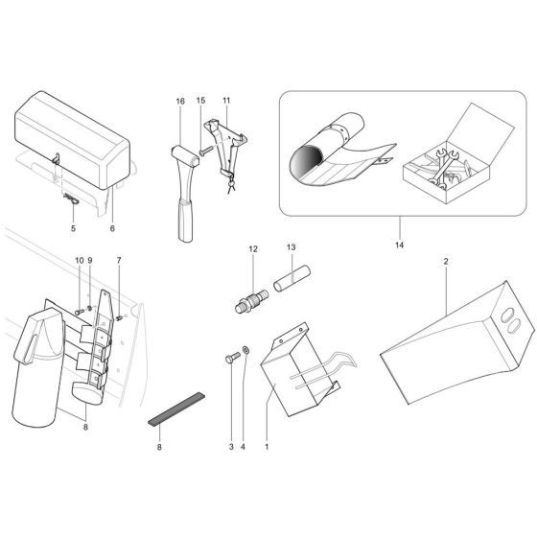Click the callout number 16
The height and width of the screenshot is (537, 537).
[x=179, y=101]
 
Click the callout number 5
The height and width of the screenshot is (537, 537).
[x=72, y=229]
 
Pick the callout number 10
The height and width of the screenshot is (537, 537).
[x=79, y=261]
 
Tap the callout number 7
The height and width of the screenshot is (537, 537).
[x=119, y=261]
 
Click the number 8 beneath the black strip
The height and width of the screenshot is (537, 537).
[x=159, y=447]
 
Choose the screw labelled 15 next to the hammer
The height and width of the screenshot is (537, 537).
[x=205, y=150]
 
